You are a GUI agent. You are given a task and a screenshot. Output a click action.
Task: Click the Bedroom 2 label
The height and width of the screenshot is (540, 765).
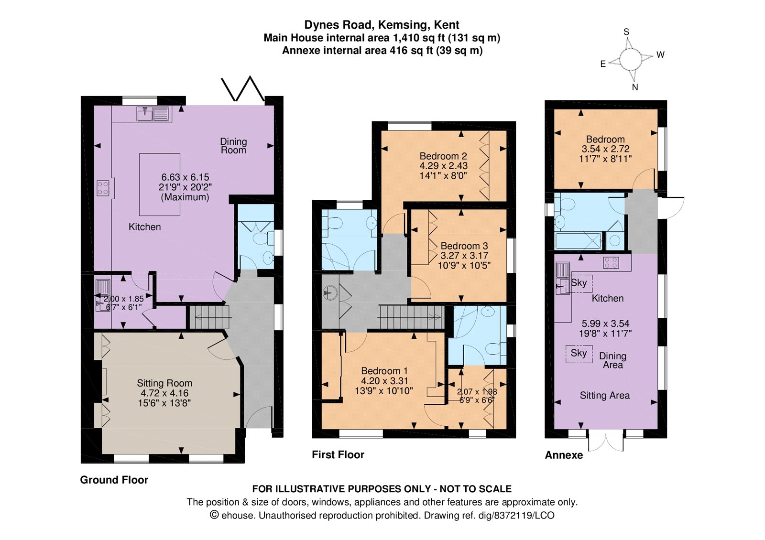[x=443, y=156]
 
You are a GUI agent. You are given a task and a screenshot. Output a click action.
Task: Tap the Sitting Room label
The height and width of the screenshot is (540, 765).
[x=164, y=383]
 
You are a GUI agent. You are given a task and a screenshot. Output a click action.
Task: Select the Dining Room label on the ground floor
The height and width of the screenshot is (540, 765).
[x=233, y=146]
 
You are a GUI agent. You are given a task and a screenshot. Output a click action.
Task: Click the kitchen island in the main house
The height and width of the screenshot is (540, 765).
[x=160, y=184]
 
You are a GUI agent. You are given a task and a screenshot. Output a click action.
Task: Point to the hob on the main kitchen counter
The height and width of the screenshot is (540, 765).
[x=103, y=188]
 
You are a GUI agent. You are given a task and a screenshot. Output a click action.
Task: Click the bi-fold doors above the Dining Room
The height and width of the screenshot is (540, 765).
[x=243, y=89]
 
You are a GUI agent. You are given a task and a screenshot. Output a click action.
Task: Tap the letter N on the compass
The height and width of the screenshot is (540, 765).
[x=635, y=87]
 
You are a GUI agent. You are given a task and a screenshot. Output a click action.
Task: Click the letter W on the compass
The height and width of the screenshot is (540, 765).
[x=660, y=54]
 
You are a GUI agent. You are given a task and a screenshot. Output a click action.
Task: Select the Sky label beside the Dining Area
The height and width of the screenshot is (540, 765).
[x=579, y=353]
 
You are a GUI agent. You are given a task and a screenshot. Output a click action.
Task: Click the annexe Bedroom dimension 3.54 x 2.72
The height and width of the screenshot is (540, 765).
[x=605, y=149]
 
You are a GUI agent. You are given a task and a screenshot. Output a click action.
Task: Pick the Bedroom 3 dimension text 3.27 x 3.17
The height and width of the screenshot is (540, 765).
[x=464, y=255]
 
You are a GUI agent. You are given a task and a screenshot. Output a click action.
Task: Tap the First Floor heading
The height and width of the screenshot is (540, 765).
[x=338, y=454]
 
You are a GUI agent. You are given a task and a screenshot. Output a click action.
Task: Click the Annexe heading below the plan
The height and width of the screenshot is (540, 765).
[x=564, y=455]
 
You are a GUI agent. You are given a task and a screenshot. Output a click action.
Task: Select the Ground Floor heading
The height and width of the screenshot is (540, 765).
[x=114, y=480]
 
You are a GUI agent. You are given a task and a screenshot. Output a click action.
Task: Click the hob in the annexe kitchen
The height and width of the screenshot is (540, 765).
[x=611, y=262]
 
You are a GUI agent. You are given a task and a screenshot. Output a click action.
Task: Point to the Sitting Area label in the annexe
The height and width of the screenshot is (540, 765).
[x=605, y=396]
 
